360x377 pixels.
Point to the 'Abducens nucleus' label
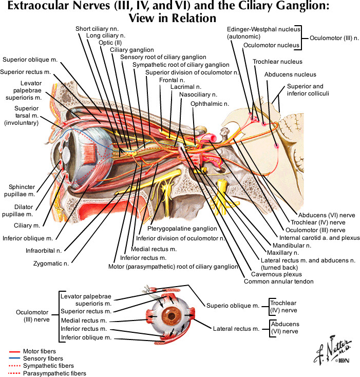(290, 74)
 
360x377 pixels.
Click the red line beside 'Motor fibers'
(14, 351)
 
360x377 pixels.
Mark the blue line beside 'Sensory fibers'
(14, 359)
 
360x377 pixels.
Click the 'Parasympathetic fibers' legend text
(54, 373)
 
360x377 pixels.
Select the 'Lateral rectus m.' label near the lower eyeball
(236, 328)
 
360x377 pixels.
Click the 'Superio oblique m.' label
(232, 306)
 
